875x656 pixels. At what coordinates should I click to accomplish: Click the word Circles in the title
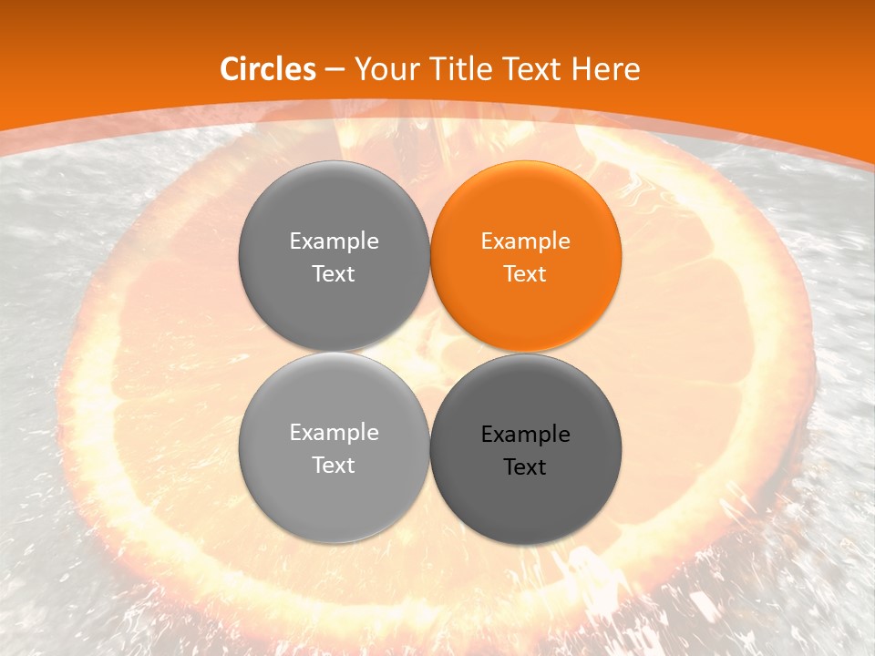(268, 69)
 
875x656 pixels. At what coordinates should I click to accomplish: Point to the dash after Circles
(335, 70)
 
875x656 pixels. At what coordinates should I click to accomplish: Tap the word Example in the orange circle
(525, 241)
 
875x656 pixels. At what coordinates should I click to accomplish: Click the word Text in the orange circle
(525, 274)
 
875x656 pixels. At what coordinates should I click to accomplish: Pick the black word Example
(525, 435)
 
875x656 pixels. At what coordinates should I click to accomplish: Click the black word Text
(525, 467)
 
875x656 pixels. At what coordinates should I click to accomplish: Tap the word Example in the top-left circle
(334, 241)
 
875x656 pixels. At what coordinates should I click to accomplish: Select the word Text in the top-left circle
(334, 274)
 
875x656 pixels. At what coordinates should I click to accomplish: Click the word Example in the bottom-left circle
(334, 433)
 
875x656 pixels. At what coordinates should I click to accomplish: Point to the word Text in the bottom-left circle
(334, 466)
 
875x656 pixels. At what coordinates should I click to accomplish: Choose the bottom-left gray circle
(334, 497)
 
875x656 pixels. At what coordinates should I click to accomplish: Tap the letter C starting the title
(230, 69)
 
